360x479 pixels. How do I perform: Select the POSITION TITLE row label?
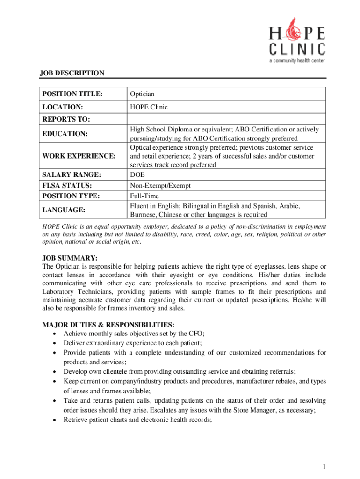coord(72,94)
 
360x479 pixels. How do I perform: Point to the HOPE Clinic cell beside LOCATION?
coord(148,107)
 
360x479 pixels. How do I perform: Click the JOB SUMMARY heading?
coord(70,258)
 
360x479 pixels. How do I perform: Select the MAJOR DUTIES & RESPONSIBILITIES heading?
coord(108,325)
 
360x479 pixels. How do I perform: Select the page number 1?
coord(324,466)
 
